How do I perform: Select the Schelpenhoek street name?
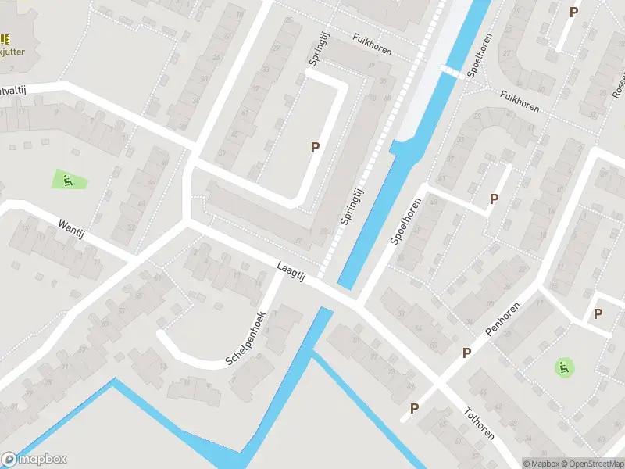246,339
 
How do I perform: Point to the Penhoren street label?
502,320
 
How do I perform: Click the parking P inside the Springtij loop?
316,146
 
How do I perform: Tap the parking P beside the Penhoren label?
466,353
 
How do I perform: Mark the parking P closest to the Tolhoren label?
415,407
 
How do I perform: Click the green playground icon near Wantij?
69,181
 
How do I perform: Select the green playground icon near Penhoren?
562,365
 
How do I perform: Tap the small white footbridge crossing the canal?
452,71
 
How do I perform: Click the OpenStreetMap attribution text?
591,464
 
